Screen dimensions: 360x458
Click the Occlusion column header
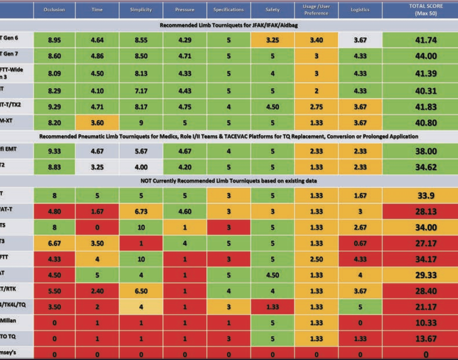(x=54, y=10)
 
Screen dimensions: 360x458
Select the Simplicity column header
(x=140, y=10)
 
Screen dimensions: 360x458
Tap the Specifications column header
(x=228, y=10)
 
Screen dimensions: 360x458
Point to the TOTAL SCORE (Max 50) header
(x=419, y=10)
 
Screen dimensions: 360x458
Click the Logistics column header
(x=360, y=10)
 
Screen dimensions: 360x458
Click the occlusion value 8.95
(x=54, y=39)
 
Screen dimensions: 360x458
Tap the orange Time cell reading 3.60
(x=97, y=123)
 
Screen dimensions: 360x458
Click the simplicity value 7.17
(x=140, y=91)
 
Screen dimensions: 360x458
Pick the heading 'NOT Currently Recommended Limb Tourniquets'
(x=229, y=181)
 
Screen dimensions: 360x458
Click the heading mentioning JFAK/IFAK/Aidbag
(x=229, y=25)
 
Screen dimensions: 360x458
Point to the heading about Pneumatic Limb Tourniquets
(x=229, y=137)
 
